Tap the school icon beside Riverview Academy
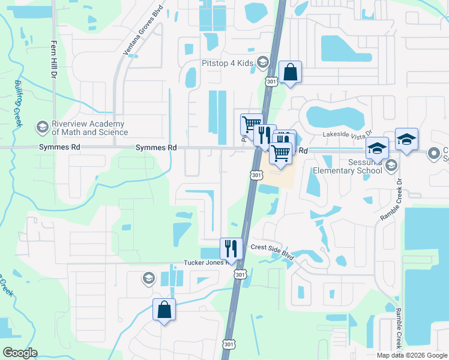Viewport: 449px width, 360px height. [42, 127]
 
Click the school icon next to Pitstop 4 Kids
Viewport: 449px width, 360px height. [262, 62]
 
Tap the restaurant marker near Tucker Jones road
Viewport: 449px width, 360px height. [231, 247]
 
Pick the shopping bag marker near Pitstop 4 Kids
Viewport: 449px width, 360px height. [290, 73]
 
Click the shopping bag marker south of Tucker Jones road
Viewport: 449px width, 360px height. [164, 310]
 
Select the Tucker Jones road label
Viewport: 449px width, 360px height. [204, 263]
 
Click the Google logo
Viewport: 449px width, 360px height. [19, 353]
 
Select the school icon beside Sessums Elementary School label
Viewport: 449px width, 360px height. [391, 165]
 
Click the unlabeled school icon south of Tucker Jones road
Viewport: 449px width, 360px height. [148, 278]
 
